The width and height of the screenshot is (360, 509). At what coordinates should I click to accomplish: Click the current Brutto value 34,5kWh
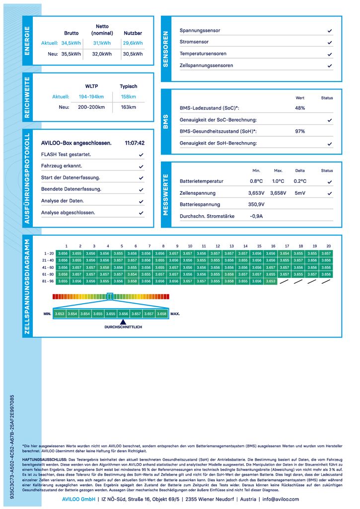(x=71, y=43)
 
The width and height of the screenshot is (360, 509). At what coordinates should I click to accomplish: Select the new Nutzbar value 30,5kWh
(x=133, y=54)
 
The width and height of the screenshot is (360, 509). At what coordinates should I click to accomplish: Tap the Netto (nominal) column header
(x=102, y=30)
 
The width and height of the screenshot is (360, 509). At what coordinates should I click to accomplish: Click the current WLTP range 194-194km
(x=91, y=96)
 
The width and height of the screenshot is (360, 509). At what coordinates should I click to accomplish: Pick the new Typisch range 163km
(x=129, y=107)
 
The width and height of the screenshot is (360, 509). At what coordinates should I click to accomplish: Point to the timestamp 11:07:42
(x=135, y=143)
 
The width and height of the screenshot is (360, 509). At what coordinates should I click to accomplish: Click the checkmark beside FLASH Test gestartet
(x=142, y=155)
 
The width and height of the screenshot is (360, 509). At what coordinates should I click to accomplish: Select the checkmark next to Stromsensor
(x=330, y=42)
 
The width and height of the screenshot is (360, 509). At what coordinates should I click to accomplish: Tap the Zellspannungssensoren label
(x=206, y=65)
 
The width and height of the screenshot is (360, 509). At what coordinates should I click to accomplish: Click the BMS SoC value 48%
(x=300, y=108)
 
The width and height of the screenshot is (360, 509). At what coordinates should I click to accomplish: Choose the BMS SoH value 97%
(x=300, y=131)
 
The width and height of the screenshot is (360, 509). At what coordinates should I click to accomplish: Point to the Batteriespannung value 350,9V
(x=257, y=204)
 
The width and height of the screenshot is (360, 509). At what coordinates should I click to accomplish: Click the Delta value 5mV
(x=300, y=193)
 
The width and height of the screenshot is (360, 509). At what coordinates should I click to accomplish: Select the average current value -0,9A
(x=256, y=216)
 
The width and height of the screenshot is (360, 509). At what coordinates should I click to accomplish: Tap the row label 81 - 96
(x=48, y=281)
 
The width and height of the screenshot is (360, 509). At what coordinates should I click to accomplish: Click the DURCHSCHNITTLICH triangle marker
(x=123, y=322)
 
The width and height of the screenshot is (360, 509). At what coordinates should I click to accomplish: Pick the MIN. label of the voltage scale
(x=47, y=314)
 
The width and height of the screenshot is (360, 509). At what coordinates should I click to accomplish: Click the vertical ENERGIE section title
(x=27, y=41)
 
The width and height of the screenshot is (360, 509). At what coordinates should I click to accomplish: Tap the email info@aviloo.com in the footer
(x=281, y=499)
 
